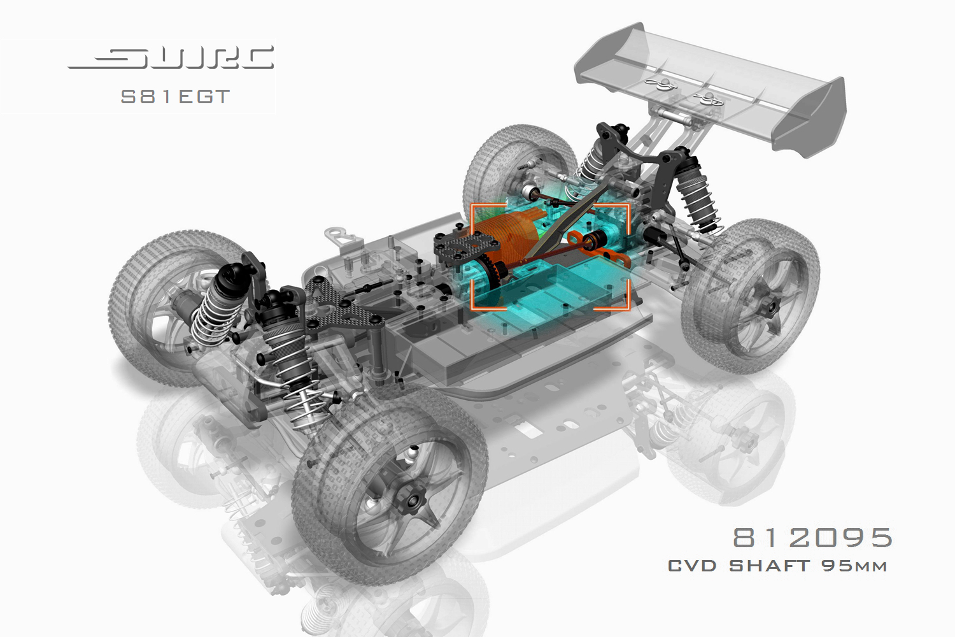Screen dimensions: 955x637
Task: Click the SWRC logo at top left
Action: [x=171, y=57]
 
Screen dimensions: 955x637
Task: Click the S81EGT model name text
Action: [x=175, y=97]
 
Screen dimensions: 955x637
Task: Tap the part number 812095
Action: [x=812, y=538]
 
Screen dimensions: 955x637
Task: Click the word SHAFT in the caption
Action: [x=770, y=566]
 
